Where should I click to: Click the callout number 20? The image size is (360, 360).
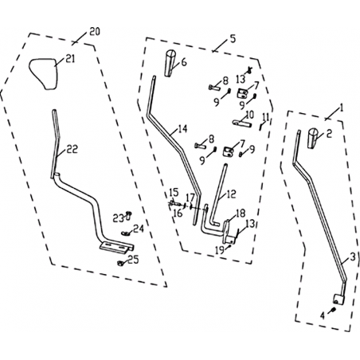click(95, 32)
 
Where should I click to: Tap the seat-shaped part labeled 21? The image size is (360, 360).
click(43, 74)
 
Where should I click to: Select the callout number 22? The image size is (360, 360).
click(72, 149)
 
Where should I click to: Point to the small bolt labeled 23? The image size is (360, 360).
click(128, 216)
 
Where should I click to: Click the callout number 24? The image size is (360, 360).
click(139, 229)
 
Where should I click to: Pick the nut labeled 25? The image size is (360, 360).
click(120, 263)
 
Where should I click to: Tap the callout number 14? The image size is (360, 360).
click(182, 129)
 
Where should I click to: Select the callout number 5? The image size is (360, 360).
click(233, 39)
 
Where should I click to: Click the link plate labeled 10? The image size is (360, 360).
click(242, 123)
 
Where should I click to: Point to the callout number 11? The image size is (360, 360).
click(265, 117)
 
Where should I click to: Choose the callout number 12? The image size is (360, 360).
click(231, 194)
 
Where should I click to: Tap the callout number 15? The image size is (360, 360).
click(174, 192)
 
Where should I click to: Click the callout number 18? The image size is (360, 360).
click(241, 213)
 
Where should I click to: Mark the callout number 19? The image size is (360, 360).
click(220, 250)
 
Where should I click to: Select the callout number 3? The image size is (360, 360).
click(352, 256)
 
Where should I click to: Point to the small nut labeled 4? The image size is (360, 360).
click(334, 310)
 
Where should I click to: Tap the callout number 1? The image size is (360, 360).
click(342, 108)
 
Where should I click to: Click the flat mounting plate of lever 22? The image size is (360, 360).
click(116, 247)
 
